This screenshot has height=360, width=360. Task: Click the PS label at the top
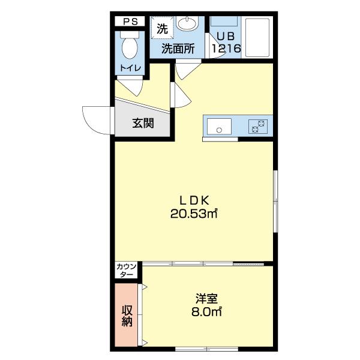[130, 22]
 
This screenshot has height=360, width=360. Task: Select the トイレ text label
[130, 68]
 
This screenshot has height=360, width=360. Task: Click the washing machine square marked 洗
[161, 28]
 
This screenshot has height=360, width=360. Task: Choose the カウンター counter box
[127, 270]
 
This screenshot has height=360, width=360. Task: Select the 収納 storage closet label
[127, 315]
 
